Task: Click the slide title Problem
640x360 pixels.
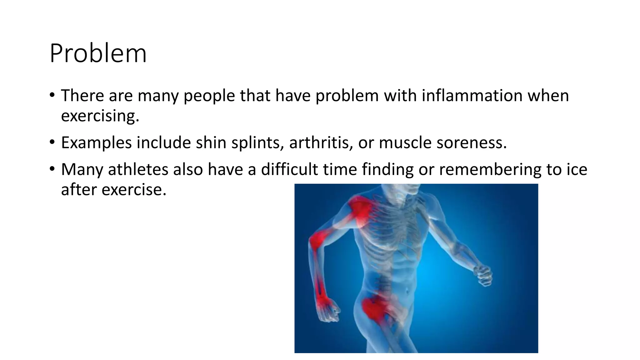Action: click(98, 53)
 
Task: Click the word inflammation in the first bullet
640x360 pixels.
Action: click(472, 95)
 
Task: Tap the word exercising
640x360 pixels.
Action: click(100, 116)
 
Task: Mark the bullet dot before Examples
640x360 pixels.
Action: click(52, 142)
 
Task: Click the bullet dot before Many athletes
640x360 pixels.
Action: click(52, 169)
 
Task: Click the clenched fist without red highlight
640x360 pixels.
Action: click(483, 275)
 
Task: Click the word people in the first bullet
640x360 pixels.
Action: click(209, 95)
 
